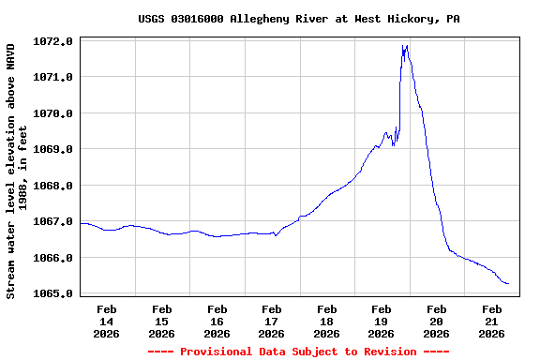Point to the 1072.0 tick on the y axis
coord(54,41)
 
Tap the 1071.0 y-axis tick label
coord(54,77)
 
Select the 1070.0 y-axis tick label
coord(54,113)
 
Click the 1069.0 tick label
coord(54,149)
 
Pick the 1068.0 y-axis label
coord(54,186)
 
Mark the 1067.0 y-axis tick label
coord(54,222)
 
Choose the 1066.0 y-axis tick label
coord(54,258)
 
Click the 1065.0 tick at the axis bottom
coord(54,294)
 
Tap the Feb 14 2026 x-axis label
coord(106,321)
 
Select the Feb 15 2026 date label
coord(161,321)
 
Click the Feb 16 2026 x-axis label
coord(217,321)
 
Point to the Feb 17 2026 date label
coord(272,321)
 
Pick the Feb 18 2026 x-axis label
coord(326,321)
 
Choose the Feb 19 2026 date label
coord(382,321)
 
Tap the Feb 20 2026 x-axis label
coord(437,321)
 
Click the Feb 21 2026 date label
coord(492,321)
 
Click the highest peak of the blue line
coord(404,45)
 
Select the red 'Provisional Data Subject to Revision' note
coord(298,352)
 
